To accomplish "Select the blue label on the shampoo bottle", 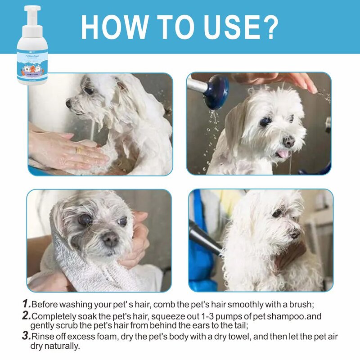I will coord(32,65).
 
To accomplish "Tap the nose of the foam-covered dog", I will coord(68,103).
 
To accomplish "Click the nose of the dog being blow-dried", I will coord(295,234).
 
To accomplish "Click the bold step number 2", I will coord(26,316).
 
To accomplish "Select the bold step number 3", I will coord(26,336).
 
